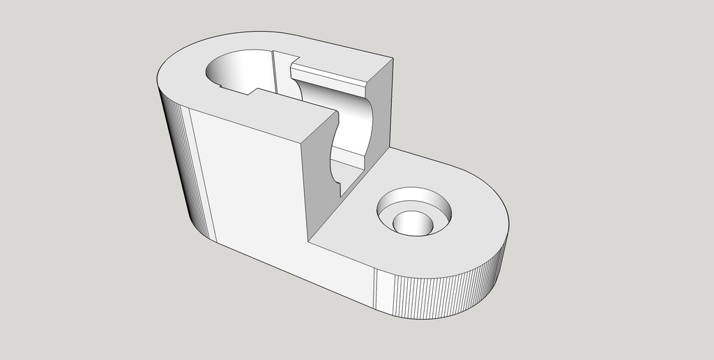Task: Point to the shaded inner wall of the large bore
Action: [244, 70]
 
